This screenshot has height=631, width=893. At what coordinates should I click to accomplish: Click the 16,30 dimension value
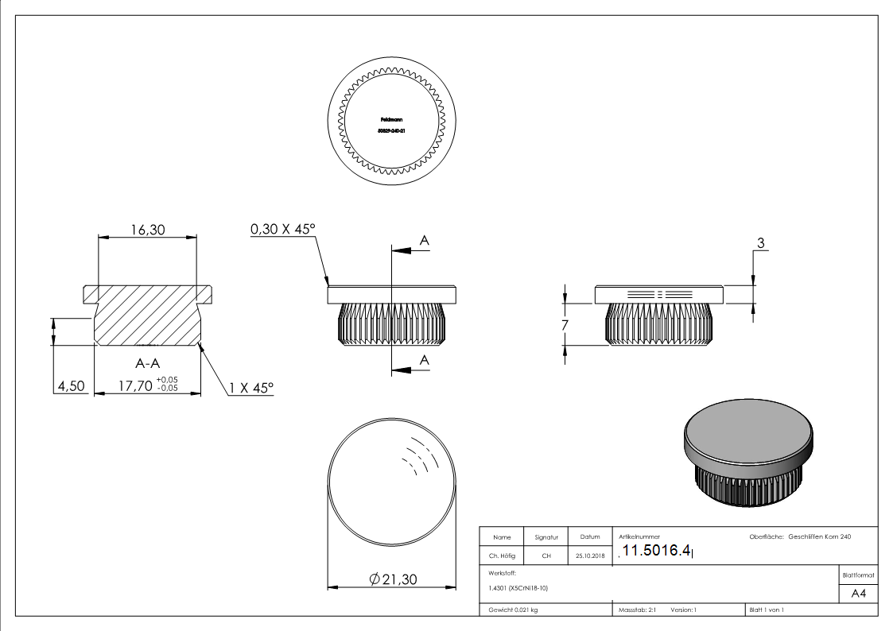[147, 230]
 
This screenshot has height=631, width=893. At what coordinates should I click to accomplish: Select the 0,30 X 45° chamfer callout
[283, 229]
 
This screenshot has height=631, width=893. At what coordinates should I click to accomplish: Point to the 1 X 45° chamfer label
[250, 388]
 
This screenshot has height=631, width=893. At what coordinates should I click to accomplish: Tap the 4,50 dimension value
[69, 387]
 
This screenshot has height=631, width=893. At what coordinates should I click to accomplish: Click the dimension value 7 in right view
[565, 324]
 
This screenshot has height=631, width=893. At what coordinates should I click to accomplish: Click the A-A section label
[150, 364]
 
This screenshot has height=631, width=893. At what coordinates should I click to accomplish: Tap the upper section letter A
[425, 239]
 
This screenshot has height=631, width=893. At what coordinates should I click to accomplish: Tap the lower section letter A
[425, 360]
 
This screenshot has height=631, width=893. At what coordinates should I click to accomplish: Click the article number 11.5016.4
[657, 551]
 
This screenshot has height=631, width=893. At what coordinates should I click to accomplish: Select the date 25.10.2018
[589, 556]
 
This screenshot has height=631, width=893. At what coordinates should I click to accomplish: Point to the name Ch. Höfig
[502, 556]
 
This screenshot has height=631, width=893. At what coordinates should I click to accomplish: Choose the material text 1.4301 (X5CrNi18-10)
[518, 588]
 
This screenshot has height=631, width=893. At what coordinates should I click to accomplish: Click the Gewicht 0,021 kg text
[514, 610]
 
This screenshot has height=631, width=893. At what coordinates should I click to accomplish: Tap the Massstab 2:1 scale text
[637, 610]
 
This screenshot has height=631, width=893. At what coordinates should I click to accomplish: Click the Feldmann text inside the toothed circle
[391, 119]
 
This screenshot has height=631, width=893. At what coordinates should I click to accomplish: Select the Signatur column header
[546, 537]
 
